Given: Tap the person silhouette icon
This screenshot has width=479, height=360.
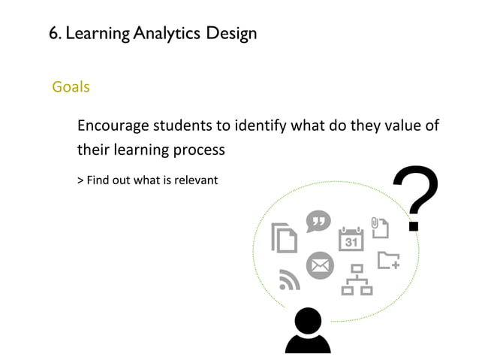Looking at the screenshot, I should coord(308,331).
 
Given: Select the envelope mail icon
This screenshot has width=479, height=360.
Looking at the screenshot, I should coord(320,265).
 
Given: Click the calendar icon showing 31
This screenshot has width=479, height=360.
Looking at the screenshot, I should coord(351,238).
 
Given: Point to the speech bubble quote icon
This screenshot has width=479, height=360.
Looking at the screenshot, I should coord(318,221).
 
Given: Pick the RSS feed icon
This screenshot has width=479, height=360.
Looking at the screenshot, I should coord(289,279).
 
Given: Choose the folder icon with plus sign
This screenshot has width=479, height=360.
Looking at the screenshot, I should coord(388,260).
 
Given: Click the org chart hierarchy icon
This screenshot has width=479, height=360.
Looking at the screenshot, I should coord(357,280).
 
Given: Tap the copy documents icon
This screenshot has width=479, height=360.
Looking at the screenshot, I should coord(285,237).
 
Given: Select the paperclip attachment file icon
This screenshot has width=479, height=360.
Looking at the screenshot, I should coord(379,226).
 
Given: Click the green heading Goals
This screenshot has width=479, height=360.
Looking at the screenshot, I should coord(71,87).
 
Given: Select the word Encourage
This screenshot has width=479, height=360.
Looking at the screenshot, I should coord(113,125).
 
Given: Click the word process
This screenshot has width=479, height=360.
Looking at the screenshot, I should coord(198,150).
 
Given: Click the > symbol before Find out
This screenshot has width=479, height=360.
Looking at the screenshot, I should coord(80,180).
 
